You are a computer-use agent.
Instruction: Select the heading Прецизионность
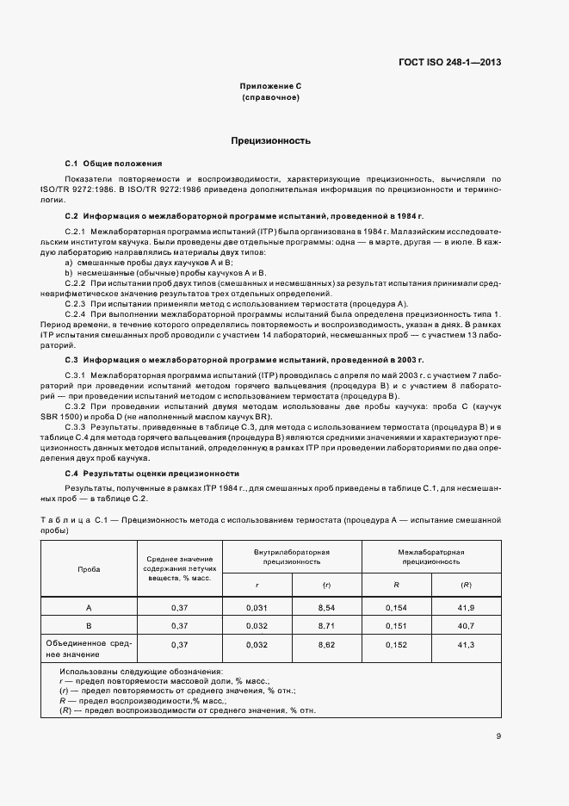tap(270, 140)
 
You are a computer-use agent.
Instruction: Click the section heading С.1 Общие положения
tap(113, 163)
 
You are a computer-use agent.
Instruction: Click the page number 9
tap(498, 735)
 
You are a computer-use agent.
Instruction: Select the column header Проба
tap(89, 569)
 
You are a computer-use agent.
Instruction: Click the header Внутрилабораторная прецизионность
tap(292, 555)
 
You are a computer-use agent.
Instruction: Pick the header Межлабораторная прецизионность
tap(431, 555)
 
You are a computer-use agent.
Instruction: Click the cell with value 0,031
tap(257, 608)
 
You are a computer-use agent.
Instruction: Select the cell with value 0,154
tap(396, 608)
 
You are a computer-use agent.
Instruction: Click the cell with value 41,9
tap(466, 608)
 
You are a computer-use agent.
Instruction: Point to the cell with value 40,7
tap(466, 625)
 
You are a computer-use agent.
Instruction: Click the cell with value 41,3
tap(466, 644)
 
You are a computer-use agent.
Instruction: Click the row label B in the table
tap(89, 625)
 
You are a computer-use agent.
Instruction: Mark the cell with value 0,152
tap(396, 644)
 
